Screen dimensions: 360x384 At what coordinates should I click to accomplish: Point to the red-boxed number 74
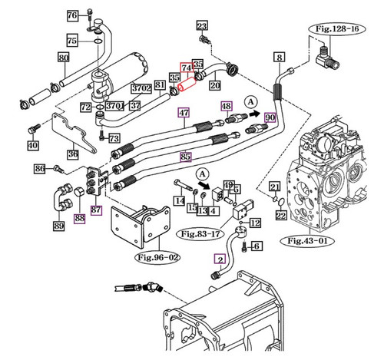point(186,68)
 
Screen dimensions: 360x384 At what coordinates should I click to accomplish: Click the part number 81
point(160,84)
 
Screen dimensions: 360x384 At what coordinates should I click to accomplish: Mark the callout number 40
point(32,145)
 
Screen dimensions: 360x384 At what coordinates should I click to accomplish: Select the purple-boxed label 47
point(184,113)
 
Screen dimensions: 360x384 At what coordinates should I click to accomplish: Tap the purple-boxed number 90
point(270,117)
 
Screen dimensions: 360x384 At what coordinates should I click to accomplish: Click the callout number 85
point(185,157)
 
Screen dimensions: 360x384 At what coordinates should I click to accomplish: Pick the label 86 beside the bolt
point(39,168)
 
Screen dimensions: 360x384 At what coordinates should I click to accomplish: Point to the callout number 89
point(58,226)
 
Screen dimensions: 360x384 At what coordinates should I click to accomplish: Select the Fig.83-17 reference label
point(200,230)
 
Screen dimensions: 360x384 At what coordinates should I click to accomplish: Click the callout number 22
point(281,216)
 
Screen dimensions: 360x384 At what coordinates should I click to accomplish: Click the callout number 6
point(257,246)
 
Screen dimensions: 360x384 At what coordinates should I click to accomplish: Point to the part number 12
point(256,223)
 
